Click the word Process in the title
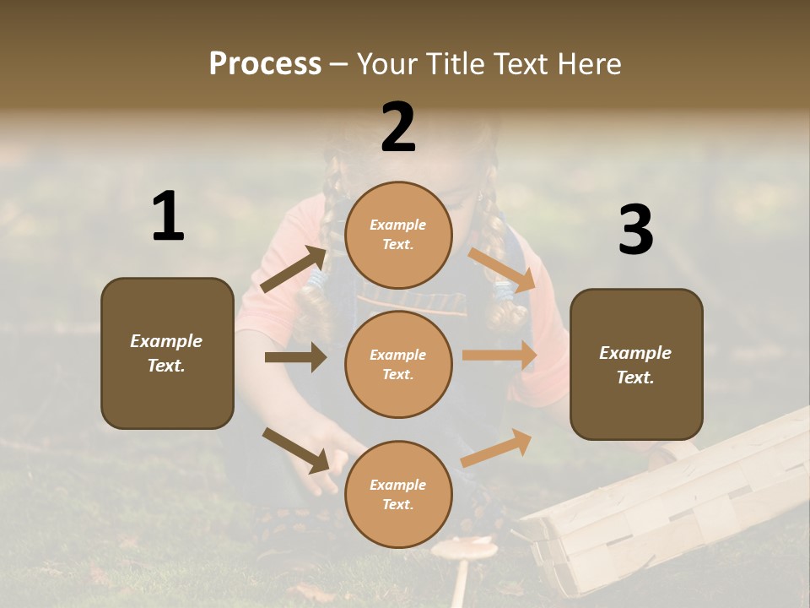[265, 64]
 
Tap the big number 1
[168, 217]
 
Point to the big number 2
[398, 128]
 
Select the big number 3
[635, 231]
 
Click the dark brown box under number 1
[167, 353]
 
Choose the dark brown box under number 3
[636, 364]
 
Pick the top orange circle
[398, 235]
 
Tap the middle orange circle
[398, 364]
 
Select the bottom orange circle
[398, 494]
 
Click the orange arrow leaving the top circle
[501, 269]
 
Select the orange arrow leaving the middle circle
[499, 356]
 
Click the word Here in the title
[591, 64]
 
